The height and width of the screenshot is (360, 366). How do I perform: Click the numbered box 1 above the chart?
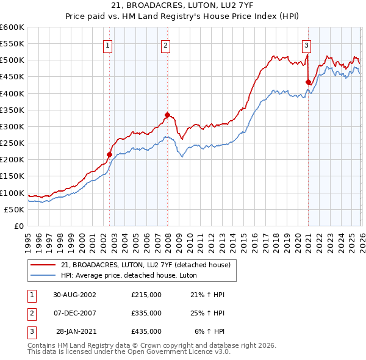[107, 45]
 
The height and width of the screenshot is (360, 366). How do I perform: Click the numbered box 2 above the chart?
[165, 45]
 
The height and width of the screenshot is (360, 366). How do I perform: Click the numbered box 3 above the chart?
[306, 45]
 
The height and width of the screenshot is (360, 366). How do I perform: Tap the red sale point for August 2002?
[110, 154]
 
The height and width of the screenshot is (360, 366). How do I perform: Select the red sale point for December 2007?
[167, 115]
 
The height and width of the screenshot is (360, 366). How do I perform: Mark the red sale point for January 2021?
[309, 82]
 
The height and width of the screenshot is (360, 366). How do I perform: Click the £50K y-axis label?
[15, 209]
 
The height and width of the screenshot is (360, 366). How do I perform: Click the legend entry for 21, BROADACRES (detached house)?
[145, 265]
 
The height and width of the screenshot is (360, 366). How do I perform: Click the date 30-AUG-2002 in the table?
[74, 295]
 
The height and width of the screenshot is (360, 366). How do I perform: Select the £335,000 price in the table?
[146, 313]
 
